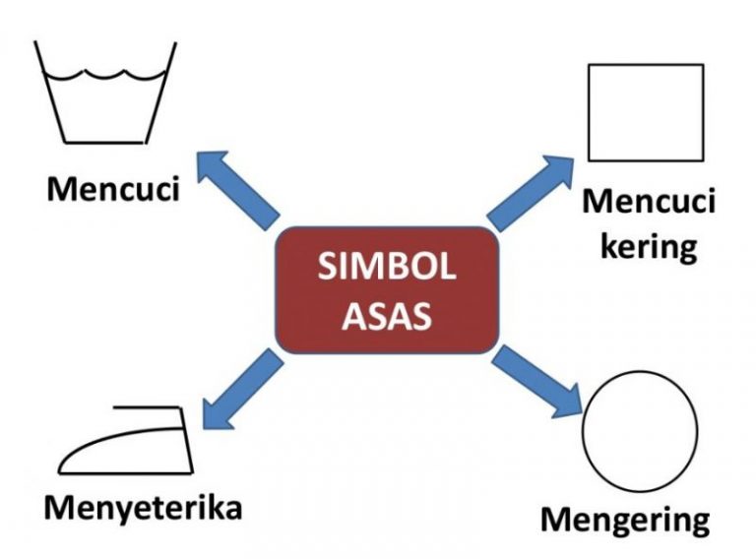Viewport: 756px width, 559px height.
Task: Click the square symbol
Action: tap(645, 112)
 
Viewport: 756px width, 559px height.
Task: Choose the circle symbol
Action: tap(640, 432)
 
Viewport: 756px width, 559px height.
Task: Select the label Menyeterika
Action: tap(143, 510)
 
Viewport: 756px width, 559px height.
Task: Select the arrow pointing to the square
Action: tap(533, 190)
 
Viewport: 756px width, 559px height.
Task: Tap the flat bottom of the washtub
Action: tap(105, 139)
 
